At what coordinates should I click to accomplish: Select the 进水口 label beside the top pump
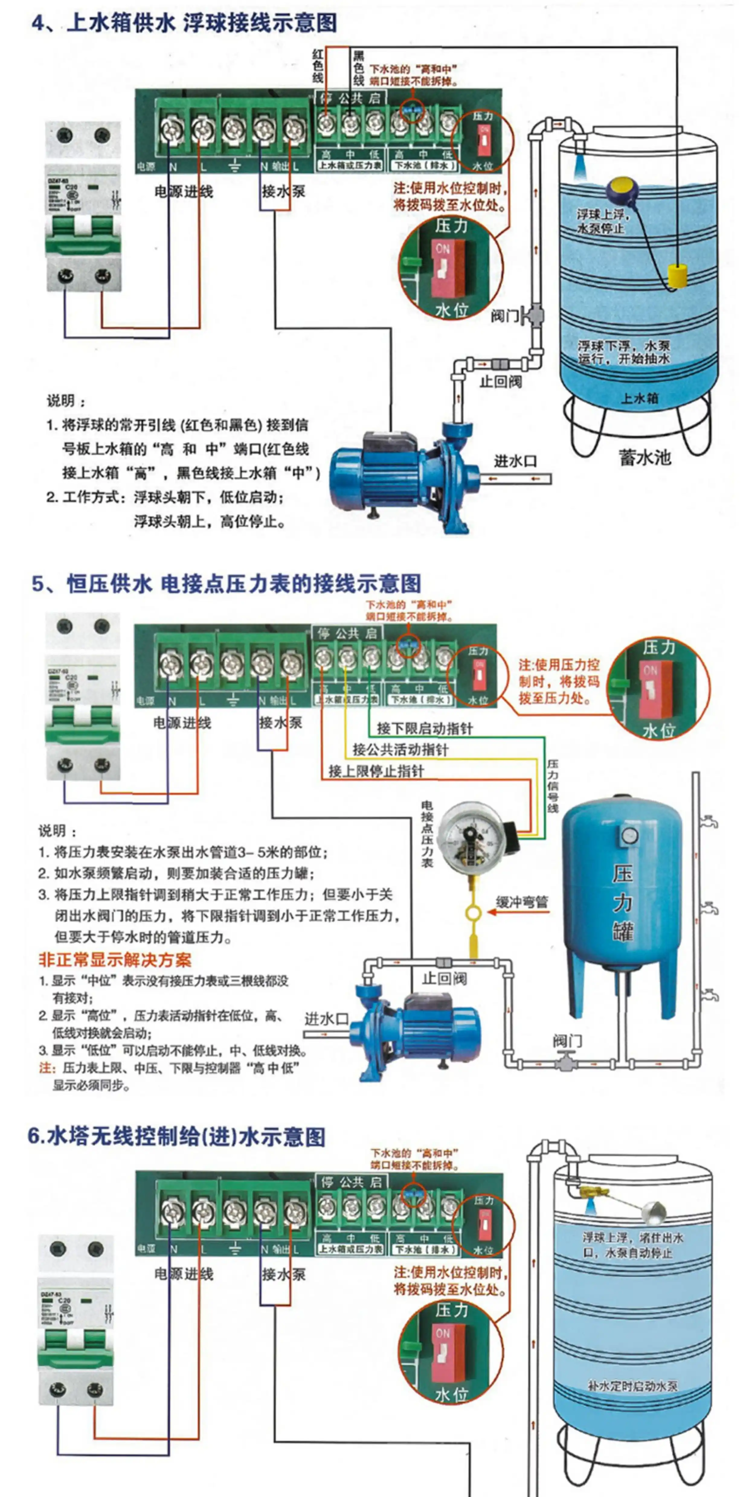(515, 461)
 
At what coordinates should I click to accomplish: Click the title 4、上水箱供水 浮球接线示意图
(184, 23)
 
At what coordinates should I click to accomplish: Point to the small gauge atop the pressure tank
(628, 835)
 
